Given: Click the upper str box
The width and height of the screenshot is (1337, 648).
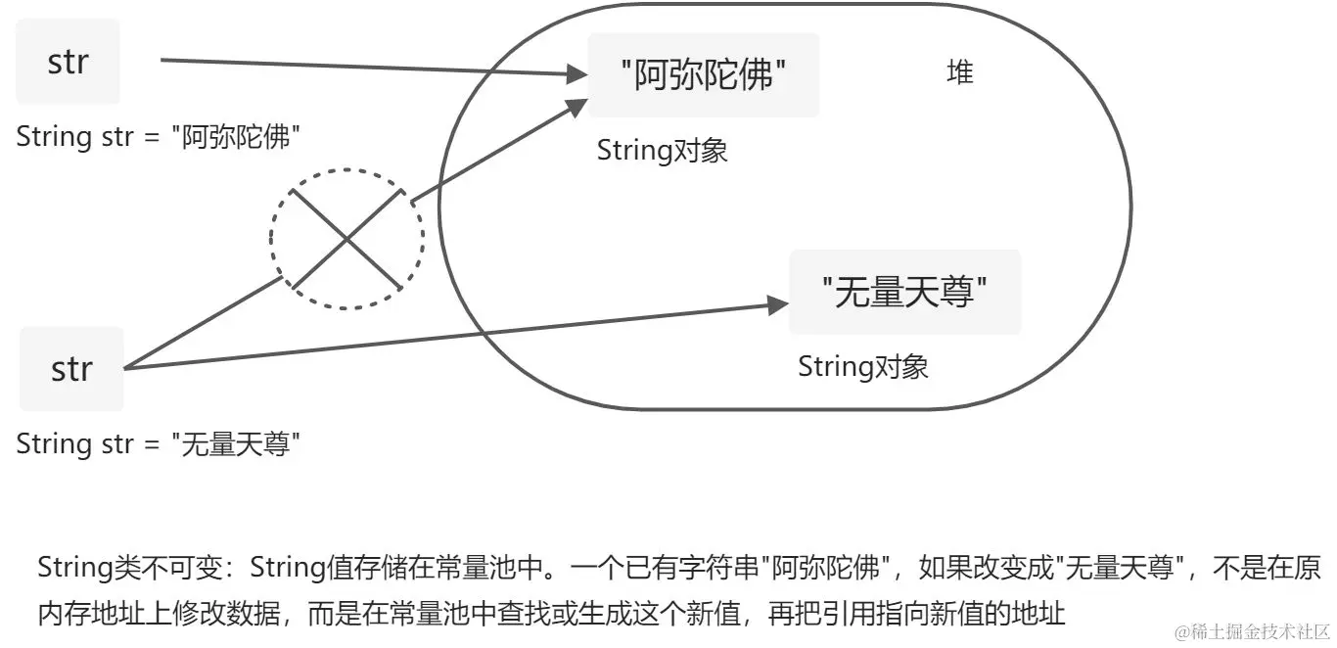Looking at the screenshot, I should pyautogui.click(x=68, y=62).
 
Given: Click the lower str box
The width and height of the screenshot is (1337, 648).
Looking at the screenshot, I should pyautogui.click(x=71, y=369).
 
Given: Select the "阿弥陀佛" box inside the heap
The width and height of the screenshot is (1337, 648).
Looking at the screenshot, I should pyautogui.click(x=704, y=75).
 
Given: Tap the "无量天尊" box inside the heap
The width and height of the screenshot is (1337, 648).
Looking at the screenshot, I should pyautogui.click(x=904, y=292).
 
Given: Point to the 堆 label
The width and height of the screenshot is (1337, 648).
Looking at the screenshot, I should pyautogui.click(x=960, y=72).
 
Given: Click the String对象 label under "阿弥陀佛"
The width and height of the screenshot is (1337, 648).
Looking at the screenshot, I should pyautogui.click(x=662, y=151).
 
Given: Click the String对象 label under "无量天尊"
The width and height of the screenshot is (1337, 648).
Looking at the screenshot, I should pyautogui.click(x=862, y=367).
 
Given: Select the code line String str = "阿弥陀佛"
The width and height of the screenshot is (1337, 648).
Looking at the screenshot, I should pyautogui.click(x=158, y=137).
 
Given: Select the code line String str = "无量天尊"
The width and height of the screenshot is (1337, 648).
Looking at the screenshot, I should pyautogui.click(x=158, y=444).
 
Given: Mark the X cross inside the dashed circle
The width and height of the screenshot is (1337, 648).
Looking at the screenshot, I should pyautogui.click(x=346, y=238).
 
